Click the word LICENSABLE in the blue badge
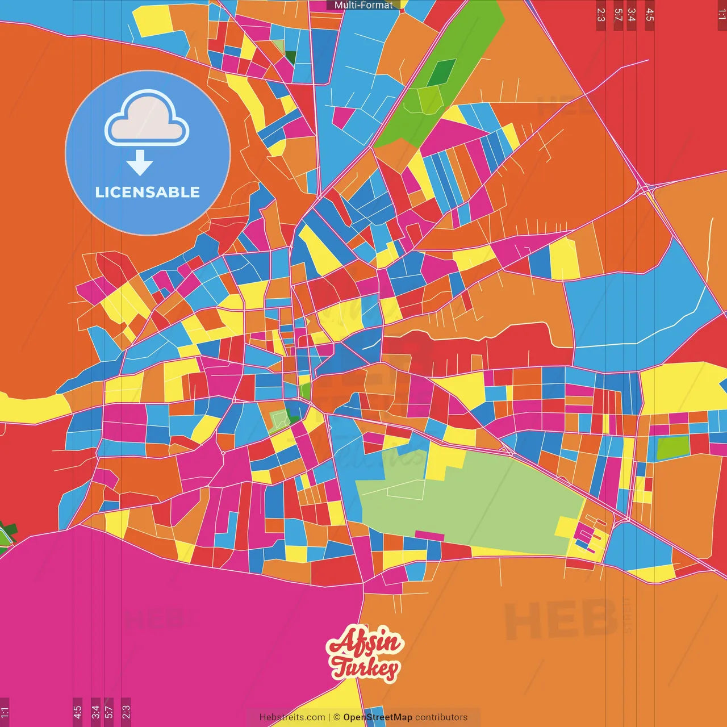tap(147, 192)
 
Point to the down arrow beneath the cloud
tap(140, 163)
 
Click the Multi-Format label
tap(363, 5)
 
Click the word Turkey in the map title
tap(365, 668)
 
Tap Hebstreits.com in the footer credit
tap(292, 717)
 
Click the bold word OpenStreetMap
tap(378, 717)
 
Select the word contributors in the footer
tap(441, 717)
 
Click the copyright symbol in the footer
tap(337, 717)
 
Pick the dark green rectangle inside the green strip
tap(441, 72)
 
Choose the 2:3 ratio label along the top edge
tap(601, 15)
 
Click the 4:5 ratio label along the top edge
tap(650, 15)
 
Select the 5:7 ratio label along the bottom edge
tap(108, 711)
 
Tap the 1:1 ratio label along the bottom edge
tap(5, 711)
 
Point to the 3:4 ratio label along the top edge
tap(631, 15)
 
